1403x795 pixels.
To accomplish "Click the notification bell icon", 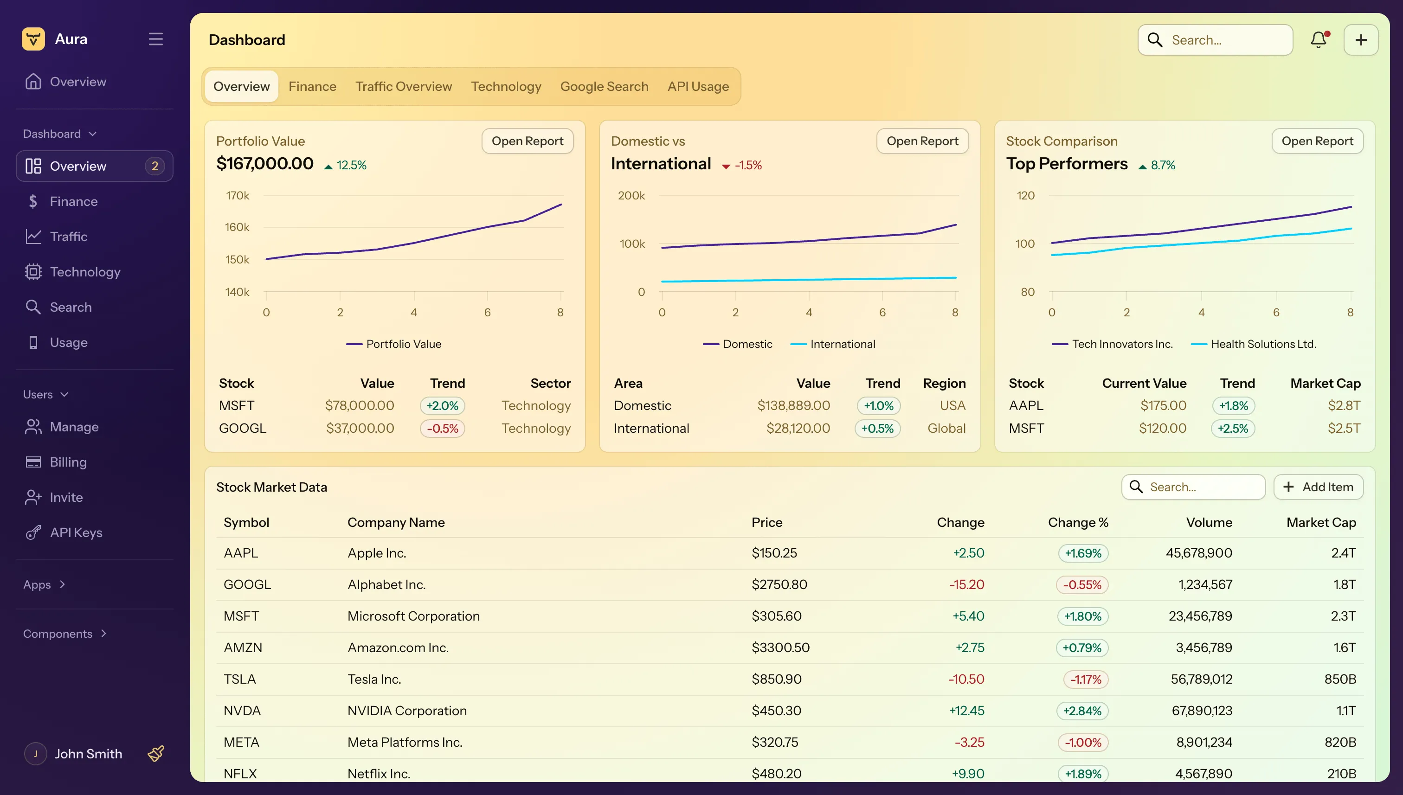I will coord(1319,40).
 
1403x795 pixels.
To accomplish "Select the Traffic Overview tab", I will coord(404,86).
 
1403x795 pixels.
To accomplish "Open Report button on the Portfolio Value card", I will coord(527,141).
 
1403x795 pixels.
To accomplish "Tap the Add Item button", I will coord(1319,487).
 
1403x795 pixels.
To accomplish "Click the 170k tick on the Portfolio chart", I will coord(238,195).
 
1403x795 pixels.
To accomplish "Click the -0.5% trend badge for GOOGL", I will coord(442,428).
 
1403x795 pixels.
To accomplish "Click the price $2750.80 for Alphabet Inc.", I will coord(779,584).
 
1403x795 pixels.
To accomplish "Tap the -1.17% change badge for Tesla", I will coord(1086,679).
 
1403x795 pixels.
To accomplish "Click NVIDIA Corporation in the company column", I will coord(407,711).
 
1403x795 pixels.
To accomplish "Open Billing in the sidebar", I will coord(68,462).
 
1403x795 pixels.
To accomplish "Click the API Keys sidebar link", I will coord(76,532).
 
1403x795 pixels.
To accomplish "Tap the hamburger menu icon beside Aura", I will coord(155,39).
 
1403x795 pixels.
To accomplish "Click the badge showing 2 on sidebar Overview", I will coord(154,166).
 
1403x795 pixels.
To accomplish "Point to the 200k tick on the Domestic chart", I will coord(631,195).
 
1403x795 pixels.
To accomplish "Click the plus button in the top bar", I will coord(1360,40).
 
